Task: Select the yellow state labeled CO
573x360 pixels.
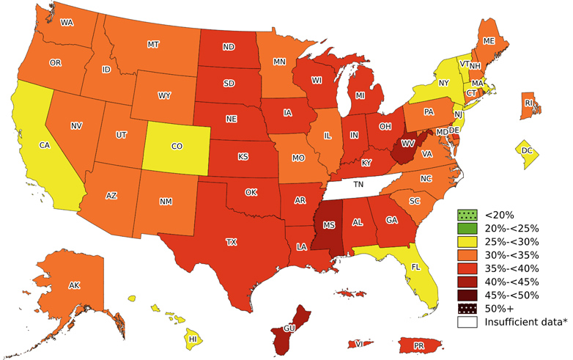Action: tap(177, 146)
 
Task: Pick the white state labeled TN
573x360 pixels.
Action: tap(359, 185)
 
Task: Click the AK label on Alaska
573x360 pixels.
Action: tap(74, 285)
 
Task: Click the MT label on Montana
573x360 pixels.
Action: tap(153, 45)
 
